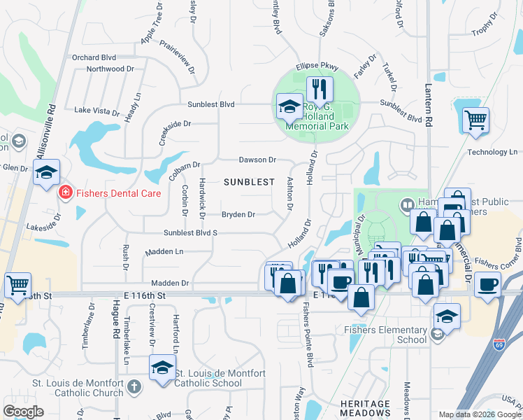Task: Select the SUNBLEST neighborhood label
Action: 249,182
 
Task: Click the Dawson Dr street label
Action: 258,160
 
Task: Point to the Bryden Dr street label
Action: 238,214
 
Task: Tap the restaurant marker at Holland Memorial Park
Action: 320,90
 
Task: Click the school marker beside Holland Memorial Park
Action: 289,107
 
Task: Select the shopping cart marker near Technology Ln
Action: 475,120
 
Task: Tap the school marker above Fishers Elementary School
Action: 447,316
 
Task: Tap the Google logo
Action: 23,412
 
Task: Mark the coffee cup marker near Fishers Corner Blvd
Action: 487,284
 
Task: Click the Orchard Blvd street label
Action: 93,57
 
